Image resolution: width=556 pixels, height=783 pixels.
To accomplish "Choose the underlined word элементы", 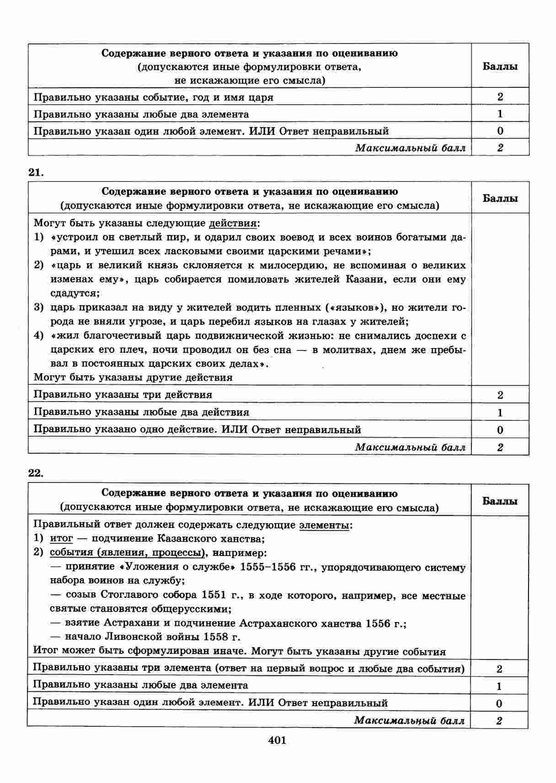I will (324, 525).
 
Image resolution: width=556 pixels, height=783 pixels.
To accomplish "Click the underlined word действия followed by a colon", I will (233, 224).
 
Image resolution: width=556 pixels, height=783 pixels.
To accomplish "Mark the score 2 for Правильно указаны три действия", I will (500, 395).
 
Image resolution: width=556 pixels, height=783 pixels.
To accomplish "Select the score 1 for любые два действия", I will (500, 413).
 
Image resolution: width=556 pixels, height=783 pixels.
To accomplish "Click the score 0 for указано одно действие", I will (500, 430).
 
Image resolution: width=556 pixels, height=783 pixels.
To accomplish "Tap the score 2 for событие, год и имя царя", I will (500, 97).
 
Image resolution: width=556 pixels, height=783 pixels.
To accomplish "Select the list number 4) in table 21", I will (39, 336).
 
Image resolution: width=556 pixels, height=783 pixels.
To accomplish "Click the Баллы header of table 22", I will (500, 501).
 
